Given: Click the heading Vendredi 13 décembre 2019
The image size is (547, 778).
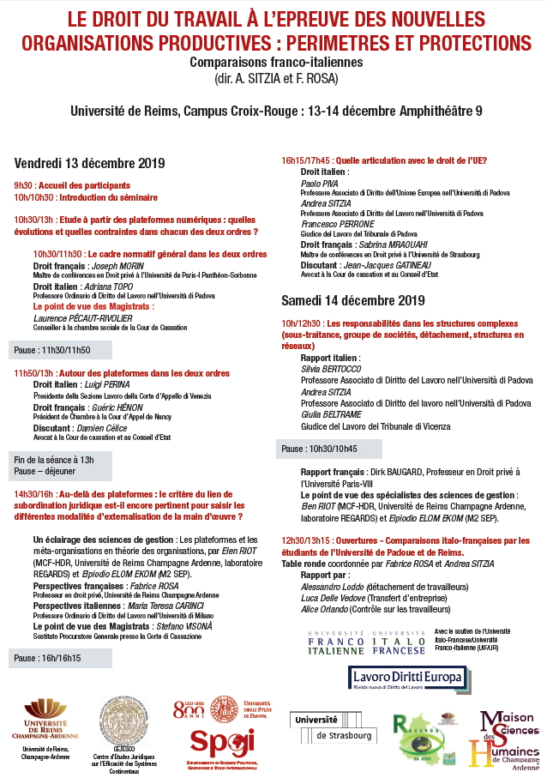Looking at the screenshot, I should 89,163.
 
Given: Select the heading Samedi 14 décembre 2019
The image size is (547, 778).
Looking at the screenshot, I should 353,300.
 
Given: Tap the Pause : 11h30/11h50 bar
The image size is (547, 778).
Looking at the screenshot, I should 53,350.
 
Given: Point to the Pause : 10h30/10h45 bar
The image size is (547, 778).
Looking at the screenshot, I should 320,449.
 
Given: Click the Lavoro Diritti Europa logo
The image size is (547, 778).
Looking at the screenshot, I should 407,678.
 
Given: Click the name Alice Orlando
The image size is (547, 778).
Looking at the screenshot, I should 326,609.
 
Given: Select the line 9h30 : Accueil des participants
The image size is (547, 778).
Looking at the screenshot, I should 71,185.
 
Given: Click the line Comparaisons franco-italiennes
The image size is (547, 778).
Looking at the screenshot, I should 273,63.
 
